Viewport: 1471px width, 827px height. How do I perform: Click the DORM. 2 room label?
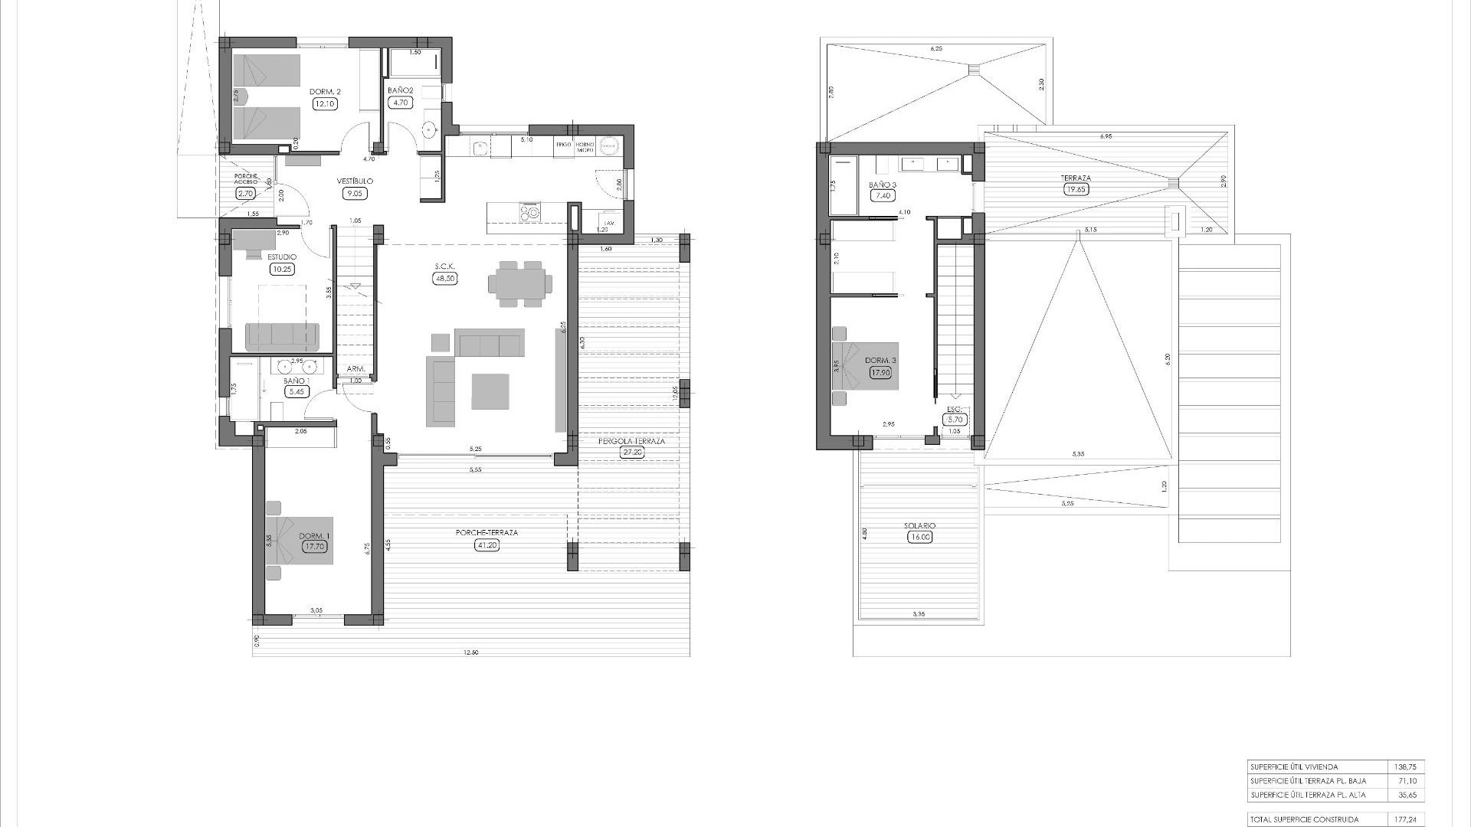point(325,92)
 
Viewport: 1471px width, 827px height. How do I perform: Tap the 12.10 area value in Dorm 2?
point(325,103)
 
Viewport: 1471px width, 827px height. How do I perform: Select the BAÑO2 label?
point(401,90)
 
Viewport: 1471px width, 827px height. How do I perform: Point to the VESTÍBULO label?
point(355,181)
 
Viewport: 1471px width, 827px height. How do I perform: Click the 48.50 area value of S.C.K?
point(445,279)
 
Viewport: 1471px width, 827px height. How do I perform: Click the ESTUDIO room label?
point(282,257)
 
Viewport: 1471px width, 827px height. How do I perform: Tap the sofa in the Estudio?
point(282,335)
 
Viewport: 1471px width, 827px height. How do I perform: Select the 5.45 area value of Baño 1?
point(295,391)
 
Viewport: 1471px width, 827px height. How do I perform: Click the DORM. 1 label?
point(314,535)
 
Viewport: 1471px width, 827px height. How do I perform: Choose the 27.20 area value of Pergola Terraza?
point(632,453)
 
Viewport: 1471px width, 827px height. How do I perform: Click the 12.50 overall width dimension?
point(470,652)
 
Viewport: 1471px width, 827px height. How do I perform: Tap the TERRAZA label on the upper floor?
point(1076,178)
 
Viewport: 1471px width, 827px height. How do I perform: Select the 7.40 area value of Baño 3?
point(883,196)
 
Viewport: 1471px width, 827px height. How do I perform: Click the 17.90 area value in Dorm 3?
point(881,373)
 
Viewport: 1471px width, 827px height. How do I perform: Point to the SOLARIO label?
point(919,526)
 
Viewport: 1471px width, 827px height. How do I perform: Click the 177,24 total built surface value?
point(1407,819)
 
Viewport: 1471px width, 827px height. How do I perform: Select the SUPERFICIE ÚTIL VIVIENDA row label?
point(1293,767)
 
